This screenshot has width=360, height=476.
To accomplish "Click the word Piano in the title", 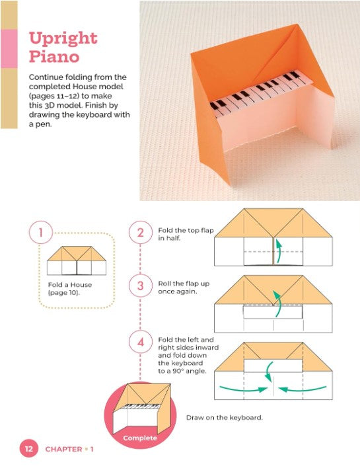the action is click(54, 56).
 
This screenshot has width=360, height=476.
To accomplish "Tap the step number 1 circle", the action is click(41, 232).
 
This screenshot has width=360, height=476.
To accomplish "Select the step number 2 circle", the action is click(140, 233).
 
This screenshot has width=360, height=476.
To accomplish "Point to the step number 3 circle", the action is click(140, 286).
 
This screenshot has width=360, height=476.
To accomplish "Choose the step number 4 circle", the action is click(140, 342).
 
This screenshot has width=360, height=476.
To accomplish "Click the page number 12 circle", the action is click(29, 449).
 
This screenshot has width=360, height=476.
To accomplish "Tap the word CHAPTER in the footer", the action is click(63, 449).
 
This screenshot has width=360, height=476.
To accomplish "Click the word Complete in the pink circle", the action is click(140, 438).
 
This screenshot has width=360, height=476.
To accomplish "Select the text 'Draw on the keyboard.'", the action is click(225, 417).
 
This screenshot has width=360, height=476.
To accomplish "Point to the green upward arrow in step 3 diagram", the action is click(277, 303).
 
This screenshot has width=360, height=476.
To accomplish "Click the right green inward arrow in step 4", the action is click(302, 389).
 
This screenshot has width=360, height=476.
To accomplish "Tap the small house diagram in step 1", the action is click(77, 260).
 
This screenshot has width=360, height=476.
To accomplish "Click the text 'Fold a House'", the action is click(70, 285).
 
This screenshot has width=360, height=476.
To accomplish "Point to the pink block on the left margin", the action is click(9, 48).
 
